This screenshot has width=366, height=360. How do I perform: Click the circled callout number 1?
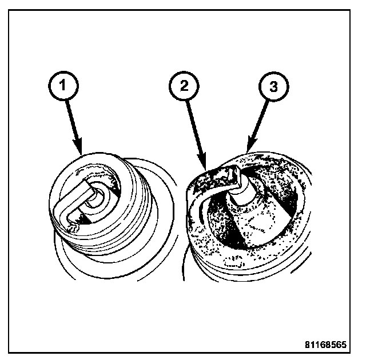click(x=63, y=86)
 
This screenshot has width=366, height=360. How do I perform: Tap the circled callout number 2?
click(x=184, y=86)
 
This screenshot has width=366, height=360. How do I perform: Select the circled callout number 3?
click(x=273, y=86)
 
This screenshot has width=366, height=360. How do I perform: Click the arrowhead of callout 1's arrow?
click(x=78, y=146)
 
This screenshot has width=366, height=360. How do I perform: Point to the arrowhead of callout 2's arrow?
click(x=202, y=161)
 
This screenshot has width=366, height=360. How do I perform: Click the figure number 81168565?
click(x=326, y=345)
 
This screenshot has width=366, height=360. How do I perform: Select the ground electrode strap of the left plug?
click(x=73, y=205)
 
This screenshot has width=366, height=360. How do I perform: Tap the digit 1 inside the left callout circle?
click(x=63, y=85)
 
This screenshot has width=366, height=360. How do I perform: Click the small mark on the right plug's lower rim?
click(x=234, y=263)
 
